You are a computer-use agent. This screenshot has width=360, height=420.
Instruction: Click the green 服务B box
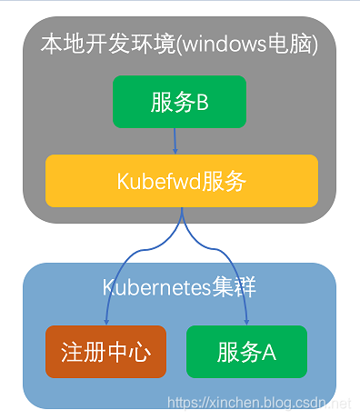[180, 101]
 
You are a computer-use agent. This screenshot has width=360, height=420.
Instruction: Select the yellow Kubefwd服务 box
[181, 180]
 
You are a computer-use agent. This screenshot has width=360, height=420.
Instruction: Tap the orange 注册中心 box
[105, 351]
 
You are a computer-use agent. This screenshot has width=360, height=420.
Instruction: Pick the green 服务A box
[246, 351]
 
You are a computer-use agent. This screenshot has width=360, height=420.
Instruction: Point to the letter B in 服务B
[203, 102]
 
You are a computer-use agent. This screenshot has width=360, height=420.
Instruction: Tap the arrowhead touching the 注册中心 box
[106, 320]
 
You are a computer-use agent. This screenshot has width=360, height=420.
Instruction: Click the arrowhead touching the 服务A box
[246, 320]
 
